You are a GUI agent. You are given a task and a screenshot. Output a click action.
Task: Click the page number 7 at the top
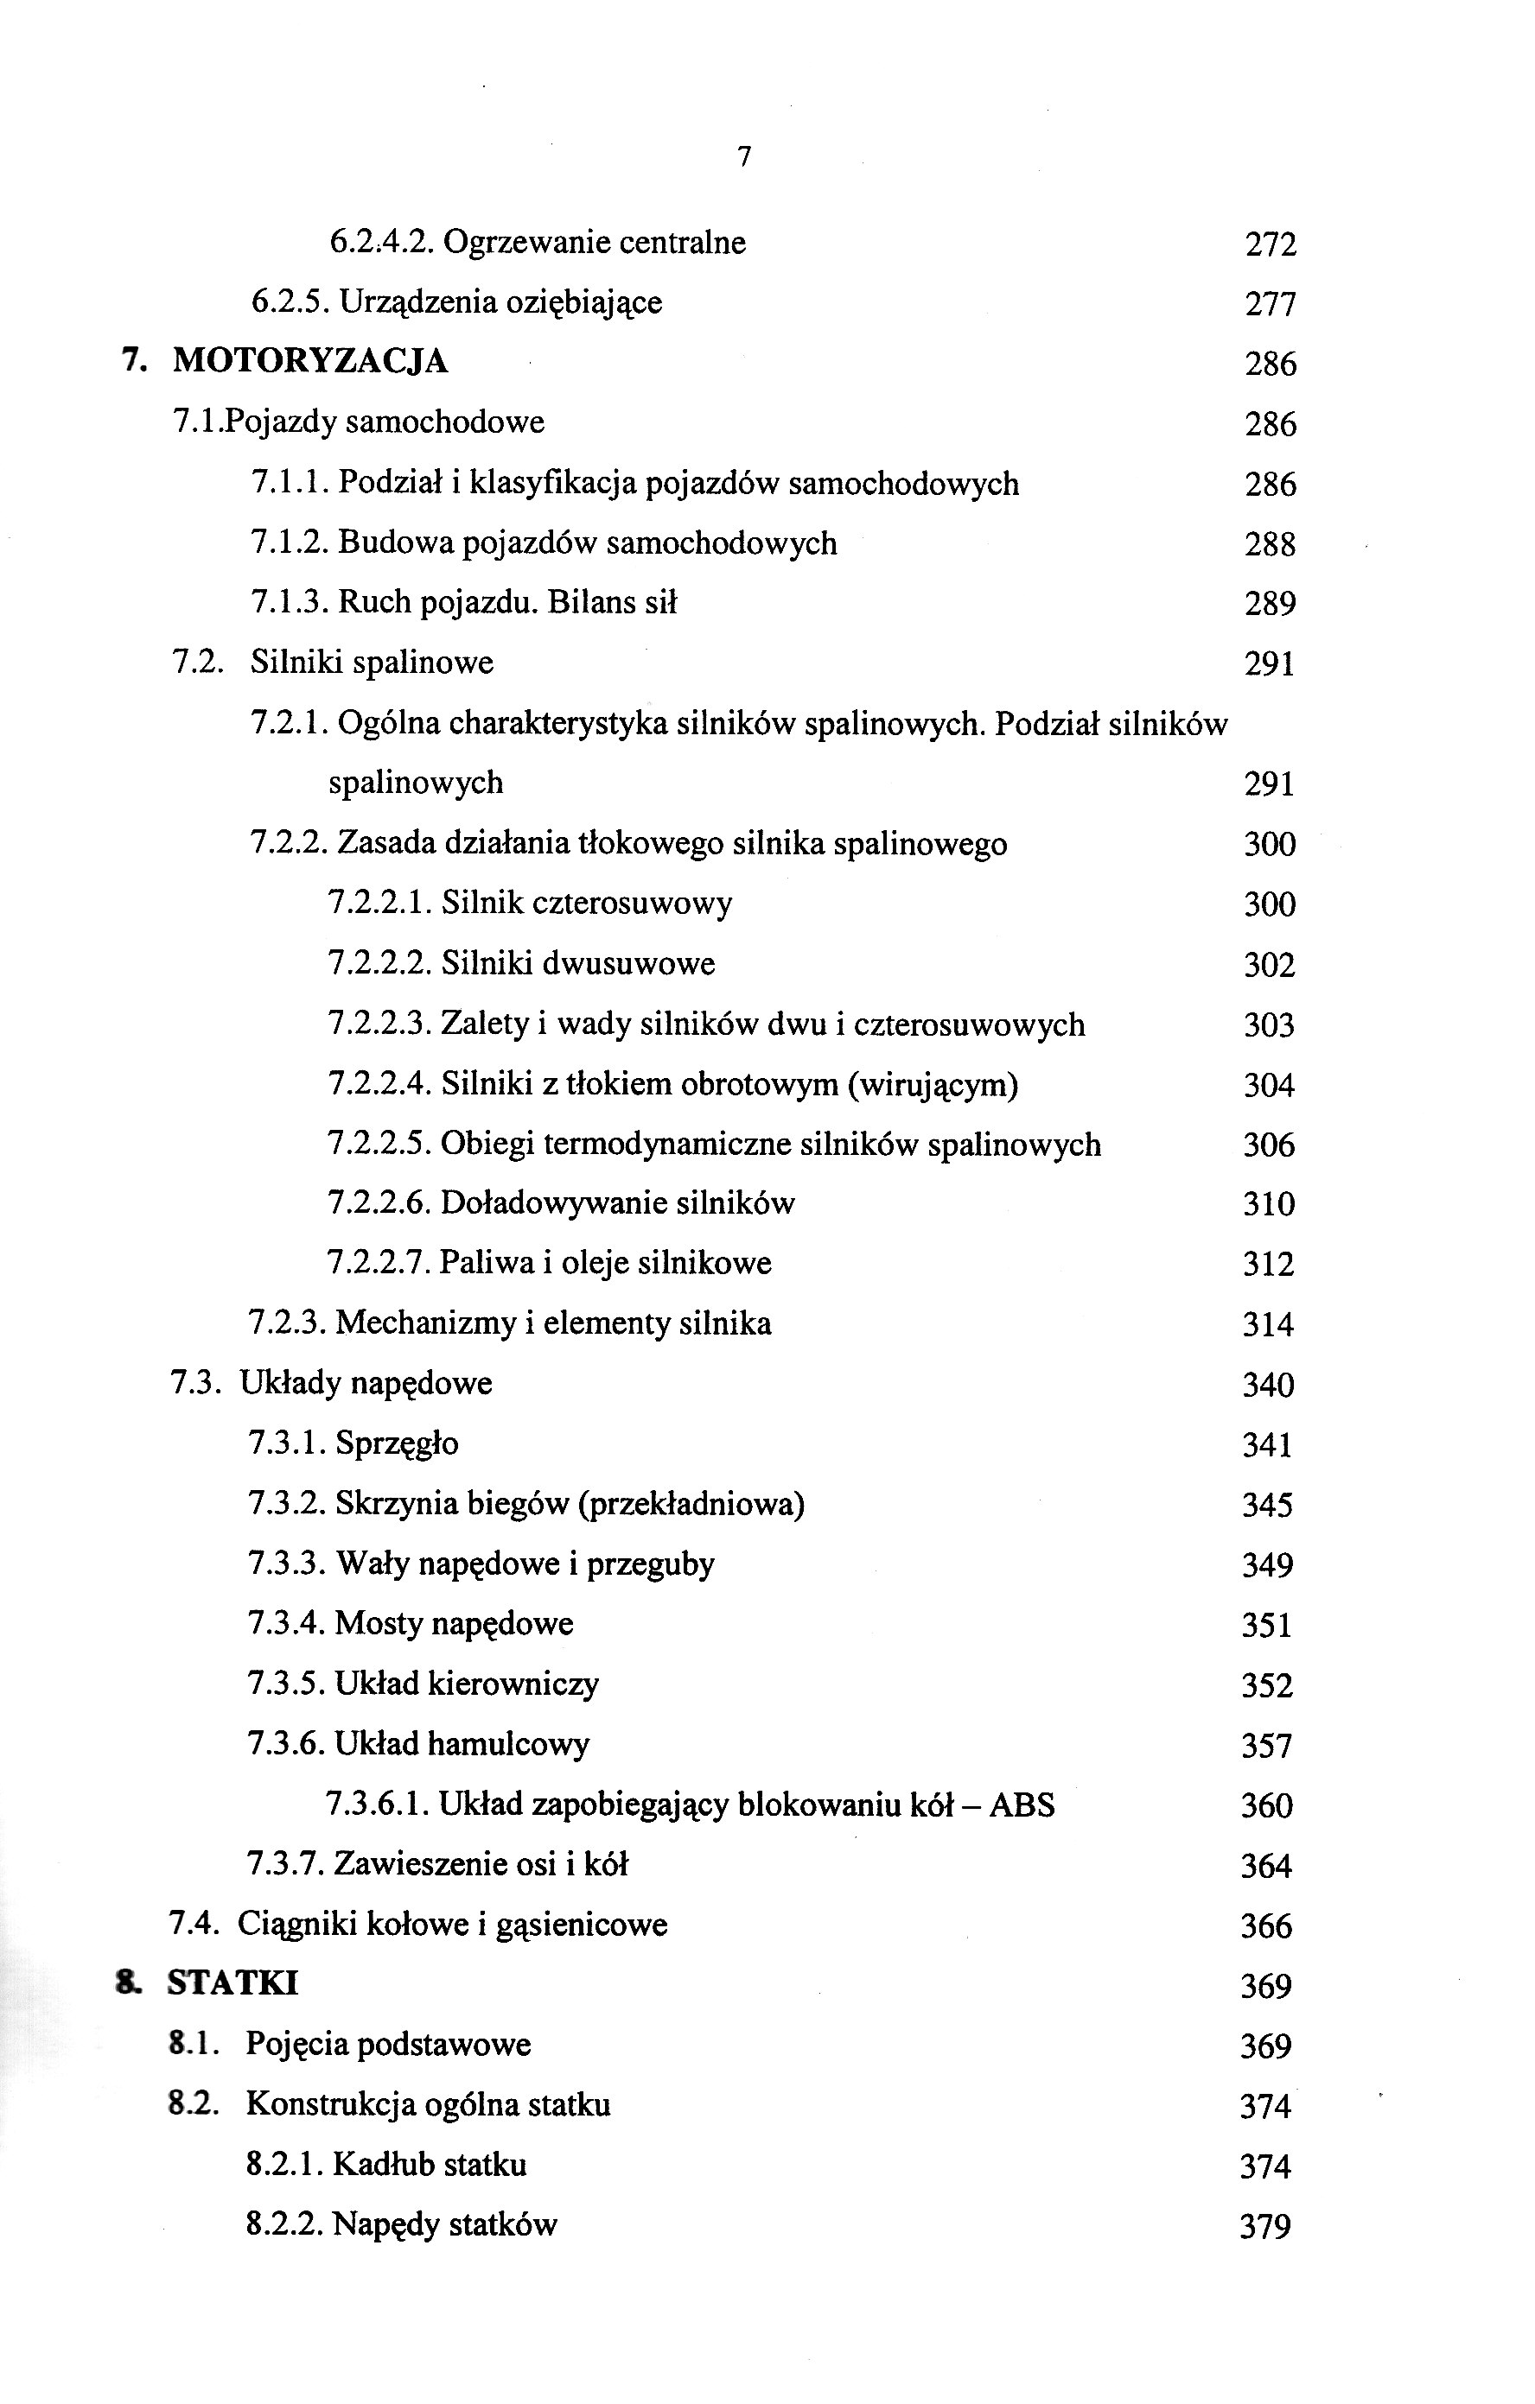744,156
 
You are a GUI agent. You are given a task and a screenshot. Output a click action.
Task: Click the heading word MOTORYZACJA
310,361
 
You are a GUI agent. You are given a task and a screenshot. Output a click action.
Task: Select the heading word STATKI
232,1983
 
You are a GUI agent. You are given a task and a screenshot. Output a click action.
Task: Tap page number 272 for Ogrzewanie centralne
1271,244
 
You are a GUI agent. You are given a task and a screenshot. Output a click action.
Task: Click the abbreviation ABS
1022,1805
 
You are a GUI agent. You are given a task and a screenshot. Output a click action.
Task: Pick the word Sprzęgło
397,1443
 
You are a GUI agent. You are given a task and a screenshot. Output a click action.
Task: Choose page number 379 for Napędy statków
1265,2227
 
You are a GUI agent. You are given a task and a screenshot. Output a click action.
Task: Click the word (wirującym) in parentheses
933,1084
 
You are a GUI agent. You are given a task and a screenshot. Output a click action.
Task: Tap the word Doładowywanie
553,1204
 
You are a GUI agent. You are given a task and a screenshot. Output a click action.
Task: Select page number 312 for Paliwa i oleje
1268,1265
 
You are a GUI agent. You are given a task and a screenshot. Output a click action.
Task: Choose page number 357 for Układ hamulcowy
1266,1746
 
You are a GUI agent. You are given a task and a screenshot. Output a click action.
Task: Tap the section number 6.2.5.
290,302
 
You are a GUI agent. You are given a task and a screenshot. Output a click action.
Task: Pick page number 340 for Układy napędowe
1267,1385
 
